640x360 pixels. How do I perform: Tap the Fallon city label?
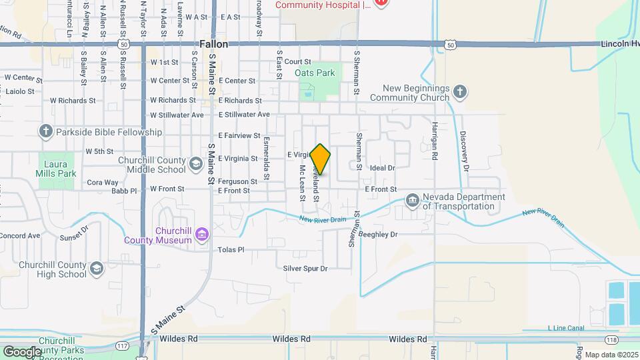click(213, 44)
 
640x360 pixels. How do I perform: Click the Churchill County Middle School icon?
click(195, 163)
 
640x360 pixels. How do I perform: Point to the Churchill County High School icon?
click(97, 268)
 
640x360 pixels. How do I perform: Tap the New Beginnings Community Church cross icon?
click(459, 92)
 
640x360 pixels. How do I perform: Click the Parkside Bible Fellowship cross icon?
click(46, 131)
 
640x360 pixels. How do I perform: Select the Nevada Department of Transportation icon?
click(412, 201)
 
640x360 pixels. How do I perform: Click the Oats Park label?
click(315, 73)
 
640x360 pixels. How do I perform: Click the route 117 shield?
click(122, 345)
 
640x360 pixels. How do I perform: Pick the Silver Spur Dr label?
click(305, 269)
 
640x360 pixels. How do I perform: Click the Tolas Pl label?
click(231, 250)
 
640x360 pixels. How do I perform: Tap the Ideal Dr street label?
click(383, 169)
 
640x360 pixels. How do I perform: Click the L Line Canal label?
click(565, 328)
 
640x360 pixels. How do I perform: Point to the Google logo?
click(22, 351)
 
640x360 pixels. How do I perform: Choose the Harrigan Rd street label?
click(434, 140)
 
